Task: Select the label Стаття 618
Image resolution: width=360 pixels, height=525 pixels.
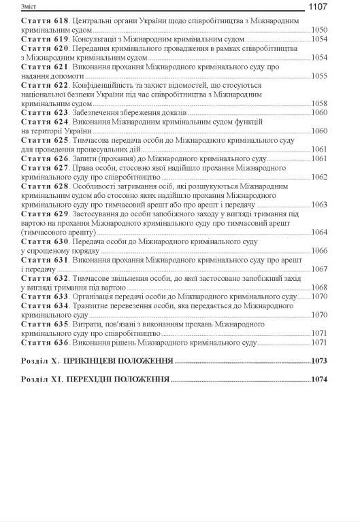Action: pos(45,21)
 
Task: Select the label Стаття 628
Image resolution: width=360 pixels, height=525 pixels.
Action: pos(45,186)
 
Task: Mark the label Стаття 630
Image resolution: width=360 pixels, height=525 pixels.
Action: pos(45,241)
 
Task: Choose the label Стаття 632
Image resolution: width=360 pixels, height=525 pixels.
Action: pos(45,278)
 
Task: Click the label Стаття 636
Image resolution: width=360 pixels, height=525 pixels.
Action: pos(45,342)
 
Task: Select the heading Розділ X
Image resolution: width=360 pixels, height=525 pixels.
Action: pos(47,360)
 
